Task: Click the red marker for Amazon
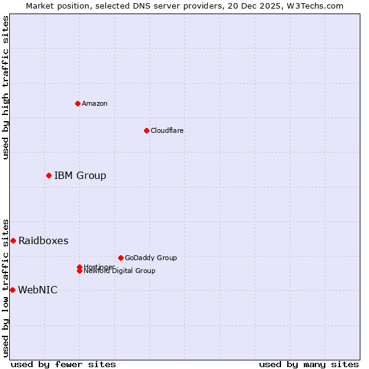pos(77,103)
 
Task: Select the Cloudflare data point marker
pos(146,130)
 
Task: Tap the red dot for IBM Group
pos(49,176)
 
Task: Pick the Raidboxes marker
pos(13,240)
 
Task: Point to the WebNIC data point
pos(12,290)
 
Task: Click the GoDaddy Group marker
pos(121,258)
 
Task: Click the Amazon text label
pos(95,103)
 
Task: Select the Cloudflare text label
pos(167,130)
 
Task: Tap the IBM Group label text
pos(80,176)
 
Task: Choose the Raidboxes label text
pos(43,240)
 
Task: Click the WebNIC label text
pos(38,290)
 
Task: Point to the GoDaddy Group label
pos(151,258)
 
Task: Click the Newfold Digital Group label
pos(119,271)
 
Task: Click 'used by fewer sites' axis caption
pos(63,364)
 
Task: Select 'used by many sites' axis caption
pos(309,364)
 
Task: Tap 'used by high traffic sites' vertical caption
pos(6,87)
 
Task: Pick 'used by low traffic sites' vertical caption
pos(6,288)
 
